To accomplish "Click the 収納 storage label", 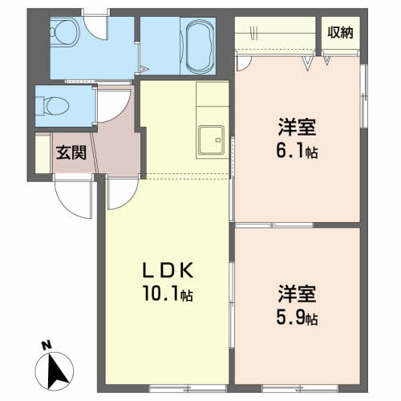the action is pyautogui.click(x=340, y=33).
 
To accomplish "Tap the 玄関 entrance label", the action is pyautogui.click(x=71, y=152).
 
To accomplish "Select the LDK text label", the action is pyautogui.click(x=168, y=270).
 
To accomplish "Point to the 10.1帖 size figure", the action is pyautogui.click(x=168, y=294).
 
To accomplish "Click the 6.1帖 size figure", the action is pyautogui.click(x=297, y=151).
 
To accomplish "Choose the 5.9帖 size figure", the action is pyautogui.click(x=297, y=318).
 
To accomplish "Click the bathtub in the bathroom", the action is pyautogui.click(x=200, y=46).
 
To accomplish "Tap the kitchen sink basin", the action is pyautogui.click(x=211, y=140).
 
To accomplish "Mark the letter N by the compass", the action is pyautogui.click(x=47, y=345).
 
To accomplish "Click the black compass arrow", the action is pyautogui.click(x=59, y=369).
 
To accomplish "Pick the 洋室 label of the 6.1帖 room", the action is pyautogui.click(x=297, y=127).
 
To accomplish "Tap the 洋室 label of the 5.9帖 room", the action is pyautogui.click(x=297, y=294).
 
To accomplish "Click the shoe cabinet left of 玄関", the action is pyautogui.click(x=43, y=154).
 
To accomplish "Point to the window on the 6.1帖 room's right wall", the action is pyautogui.click(x=363, y=95).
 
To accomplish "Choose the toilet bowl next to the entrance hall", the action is pyautogui.click(x=54, y=106).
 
